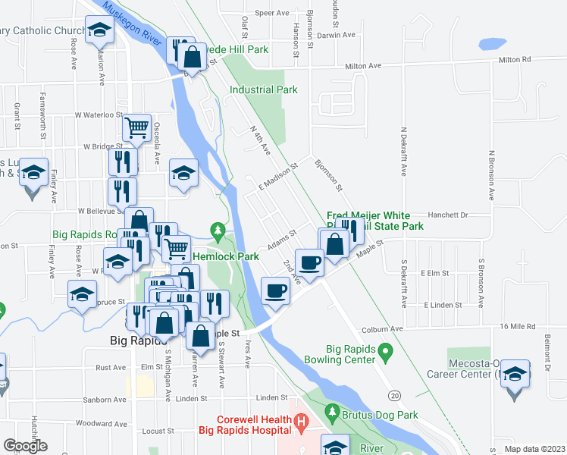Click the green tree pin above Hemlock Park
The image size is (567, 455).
click(x=218, y=229)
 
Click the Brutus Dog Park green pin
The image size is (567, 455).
click(x=331, y=413)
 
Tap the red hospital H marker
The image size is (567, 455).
click(x=301, y=420)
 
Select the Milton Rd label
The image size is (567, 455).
click(x=515, y=59)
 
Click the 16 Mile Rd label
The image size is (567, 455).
click(x=516, y=325)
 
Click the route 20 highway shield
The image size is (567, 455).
click(x=394, y=396)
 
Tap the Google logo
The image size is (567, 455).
click(x=25, y=446)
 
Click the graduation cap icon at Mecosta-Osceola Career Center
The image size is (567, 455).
click(x=515, y=373)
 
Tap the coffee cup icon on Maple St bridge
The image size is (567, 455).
click(x=276, y=290)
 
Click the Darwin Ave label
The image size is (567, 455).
click(x=337, y=35)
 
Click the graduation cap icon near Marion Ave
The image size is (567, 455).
click(x=99, y=30)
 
